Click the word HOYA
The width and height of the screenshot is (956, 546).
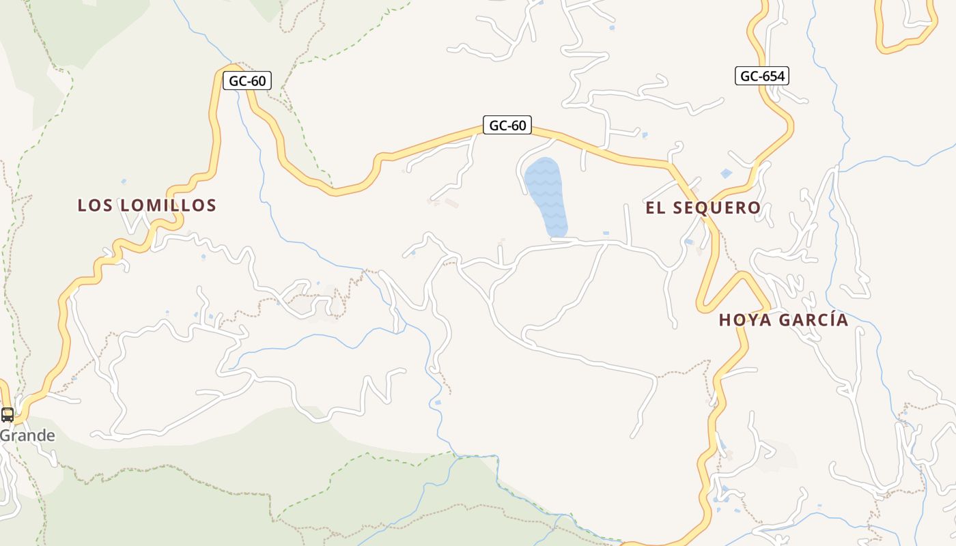[x=744, y=320]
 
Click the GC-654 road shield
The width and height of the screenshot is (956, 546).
[x=761, y=76]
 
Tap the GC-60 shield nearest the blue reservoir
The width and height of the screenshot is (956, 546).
[x=507, y=126]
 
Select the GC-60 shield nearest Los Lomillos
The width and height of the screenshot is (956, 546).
[x=247, y=81]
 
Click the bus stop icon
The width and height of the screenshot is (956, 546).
[x=8, y=414]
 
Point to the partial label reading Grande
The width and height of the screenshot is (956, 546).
[x=27, y=435]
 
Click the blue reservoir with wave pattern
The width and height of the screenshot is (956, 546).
[x=546, y=197]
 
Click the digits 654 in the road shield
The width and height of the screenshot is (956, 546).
[x=772, y=76]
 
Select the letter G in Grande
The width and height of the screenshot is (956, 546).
[x=5, y=435]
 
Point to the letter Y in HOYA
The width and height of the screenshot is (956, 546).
[x=756, y=320]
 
